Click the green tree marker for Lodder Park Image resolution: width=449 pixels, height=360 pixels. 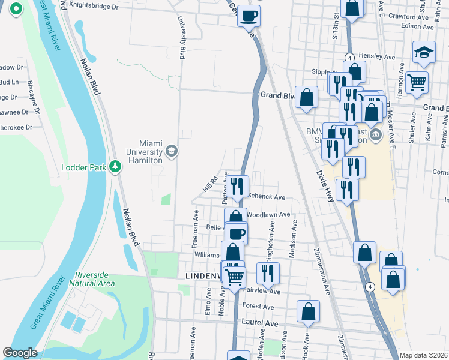tap(113, 167)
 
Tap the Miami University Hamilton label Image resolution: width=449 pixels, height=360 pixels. tap(142, 152)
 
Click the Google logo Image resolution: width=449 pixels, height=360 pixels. tap(20, 353)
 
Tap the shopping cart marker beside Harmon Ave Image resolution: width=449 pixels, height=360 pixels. tap(417, 82)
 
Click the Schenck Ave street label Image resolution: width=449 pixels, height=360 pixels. tap(266, 197)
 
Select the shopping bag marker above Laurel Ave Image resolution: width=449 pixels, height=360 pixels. tap(308, 311)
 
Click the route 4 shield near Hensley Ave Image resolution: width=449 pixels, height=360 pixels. tap(348, 56)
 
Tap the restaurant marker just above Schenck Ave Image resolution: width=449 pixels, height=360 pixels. tap(238, 185)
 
